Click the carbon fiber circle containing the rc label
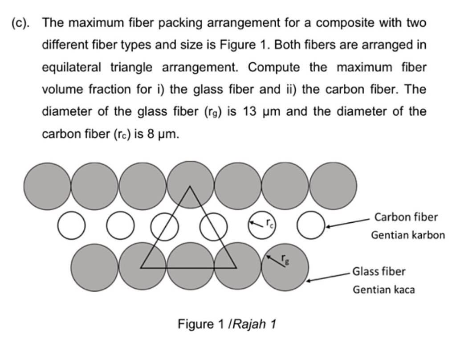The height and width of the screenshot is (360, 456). point(262,222)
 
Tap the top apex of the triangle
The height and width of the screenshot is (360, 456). point(190,186)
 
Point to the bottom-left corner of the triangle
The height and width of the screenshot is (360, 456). point(141,268)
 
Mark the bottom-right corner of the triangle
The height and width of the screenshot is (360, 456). point(236,268)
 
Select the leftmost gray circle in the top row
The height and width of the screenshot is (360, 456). point(47,184)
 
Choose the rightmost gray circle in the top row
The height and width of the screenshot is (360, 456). point(333,184)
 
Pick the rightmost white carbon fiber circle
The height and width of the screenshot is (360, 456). point(310,222)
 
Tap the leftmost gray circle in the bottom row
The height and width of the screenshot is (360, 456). point(94,266)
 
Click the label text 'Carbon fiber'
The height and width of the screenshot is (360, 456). point(407,217)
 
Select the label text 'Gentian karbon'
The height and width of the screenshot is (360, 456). point(408,235)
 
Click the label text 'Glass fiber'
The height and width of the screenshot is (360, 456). point(379,271)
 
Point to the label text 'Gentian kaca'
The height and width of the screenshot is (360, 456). point(384,290)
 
